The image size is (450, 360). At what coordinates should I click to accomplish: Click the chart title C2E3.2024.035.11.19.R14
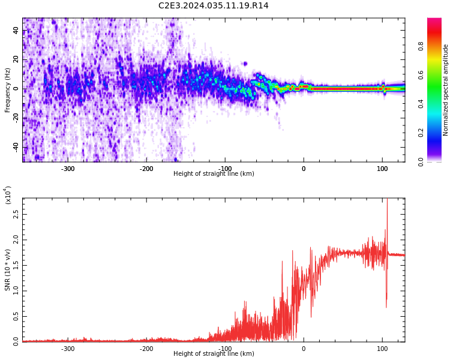[x=213, y=5]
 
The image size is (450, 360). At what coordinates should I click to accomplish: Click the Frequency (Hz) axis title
[x=7, y=90]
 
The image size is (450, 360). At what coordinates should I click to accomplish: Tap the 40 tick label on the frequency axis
[x=16, y=30]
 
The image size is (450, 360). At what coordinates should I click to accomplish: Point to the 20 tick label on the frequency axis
[x=16, y=59]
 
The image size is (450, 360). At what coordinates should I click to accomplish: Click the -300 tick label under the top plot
[x=68, y=169]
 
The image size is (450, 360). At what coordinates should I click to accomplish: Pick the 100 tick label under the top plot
[x=382, y=169]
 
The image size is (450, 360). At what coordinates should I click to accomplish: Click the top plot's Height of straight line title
[x=214, y=173]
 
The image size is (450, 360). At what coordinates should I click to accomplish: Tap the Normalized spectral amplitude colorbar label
[x=445, y=90]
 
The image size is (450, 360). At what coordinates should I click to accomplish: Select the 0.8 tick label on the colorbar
[x=421, y=47]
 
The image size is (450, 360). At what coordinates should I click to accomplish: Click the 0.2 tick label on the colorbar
[x=421, y=133]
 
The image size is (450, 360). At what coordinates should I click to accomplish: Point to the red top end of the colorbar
[x=434, y=19]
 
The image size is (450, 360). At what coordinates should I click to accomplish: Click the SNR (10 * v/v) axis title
[x=7, y=269]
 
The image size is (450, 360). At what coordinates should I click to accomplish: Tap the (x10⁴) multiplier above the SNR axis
[x=8, y=195]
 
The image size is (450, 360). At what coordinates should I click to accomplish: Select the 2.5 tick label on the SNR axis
[x=16, y=214]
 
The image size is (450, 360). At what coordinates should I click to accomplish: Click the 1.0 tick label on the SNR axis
[x=16, y=291]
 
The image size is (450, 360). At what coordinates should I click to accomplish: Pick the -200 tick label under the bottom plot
[x=146, y=349]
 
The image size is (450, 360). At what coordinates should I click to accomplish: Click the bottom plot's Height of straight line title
[x=214, y=353]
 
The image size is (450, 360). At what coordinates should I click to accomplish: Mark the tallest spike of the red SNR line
[x=388, y=199]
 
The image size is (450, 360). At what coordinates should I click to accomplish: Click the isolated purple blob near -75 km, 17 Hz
[x=245, y=64]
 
